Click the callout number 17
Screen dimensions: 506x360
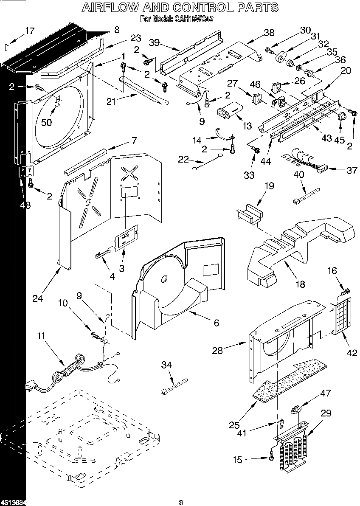[x=29, y=31]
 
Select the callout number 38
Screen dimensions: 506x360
[x=269, y=32]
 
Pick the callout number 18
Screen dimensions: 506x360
[x=300, y=284]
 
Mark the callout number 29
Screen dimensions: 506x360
[x=326, y=413]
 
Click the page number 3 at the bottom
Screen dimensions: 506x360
[x=180, y=502]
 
